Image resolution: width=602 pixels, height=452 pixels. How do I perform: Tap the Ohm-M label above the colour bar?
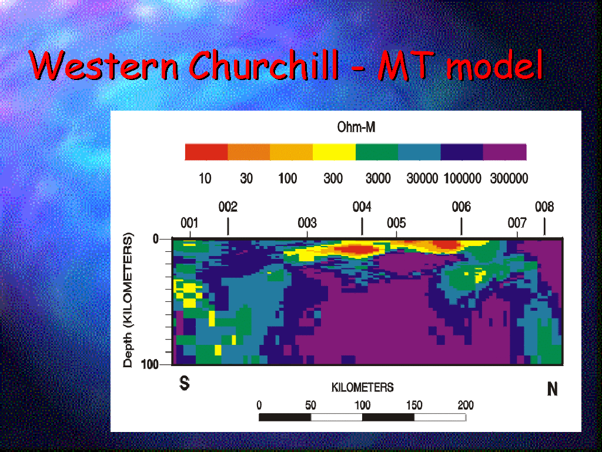(x=356, y=127)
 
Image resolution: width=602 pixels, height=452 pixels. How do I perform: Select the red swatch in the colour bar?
(x=206, y=152)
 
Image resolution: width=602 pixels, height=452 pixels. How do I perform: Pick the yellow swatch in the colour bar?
(x=334, y=152)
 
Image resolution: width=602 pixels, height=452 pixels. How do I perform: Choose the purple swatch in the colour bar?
(x=504, y=152)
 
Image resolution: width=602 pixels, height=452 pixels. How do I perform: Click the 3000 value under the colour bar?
(x=378, y=178)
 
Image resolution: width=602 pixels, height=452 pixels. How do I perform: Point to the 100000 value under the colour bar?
(x=462, y=178)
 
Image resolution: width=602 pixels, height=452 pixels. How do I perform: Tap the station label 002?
(x=228, y=207)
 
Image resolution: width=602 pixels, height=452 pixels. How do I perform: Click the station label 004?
(x=362, y=207)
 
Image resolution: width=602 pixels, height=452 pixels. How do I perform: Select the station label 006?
(x=461, y=207)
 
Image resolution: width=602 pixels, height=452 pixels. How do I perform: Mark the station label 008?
(x=544, y=207)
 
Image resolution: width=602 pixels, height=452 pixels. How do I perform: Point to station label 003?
(x=307, y=223)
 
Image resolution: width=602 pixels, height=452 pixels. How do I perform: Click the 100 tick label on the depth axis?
(x=150, y=364)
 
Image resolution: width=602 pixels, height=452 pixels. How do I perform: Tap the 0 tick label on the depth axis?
(x=155, y=239)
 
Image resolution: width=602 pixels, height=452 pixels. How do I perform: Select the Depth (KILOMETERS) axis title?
(x=128, y=300)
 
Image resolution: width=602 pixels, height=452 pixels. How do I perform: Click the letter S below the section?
(x=184, y=383)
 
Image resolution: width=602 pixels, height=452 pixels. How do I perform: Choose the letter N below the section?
(x=552, y=389)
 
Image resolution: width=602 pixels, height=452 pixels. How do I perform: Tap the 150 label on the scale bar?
(x=414, y=405)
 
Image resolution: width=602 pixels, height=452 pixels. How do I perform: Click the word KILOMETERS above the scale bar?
(x=362, y=387)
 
